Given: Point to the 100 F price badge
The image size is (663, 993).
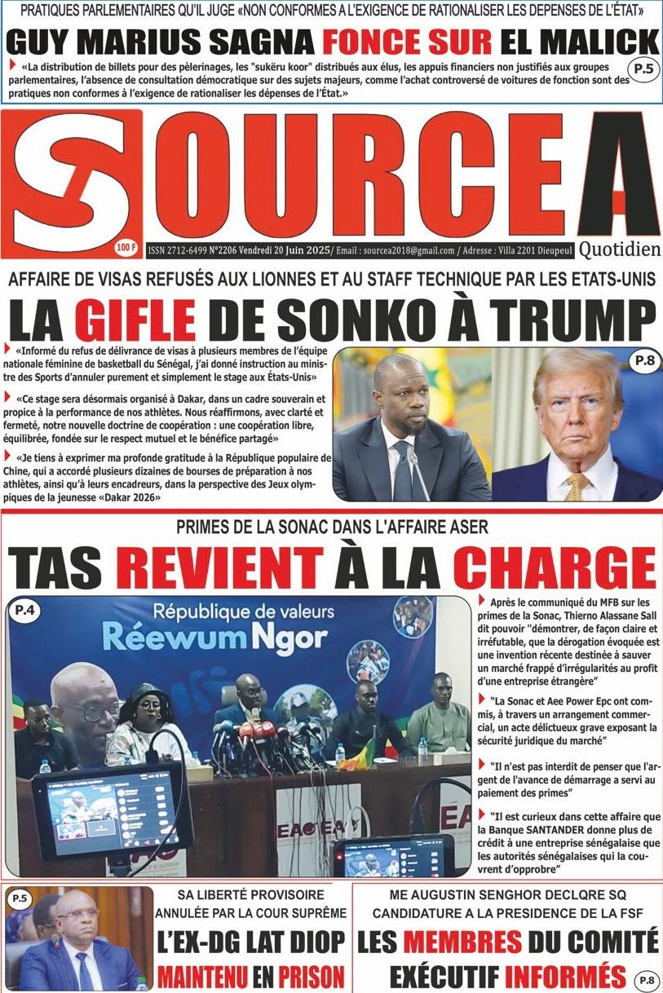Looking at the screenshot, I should point(127,246).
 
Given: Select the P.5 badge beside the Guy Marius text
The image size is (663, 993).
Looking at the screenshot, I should point(643,68).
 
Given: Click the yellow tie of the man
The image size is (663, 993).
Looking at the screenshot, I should point(577,486).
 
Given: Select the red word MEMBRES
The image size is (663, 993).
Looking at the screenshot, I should point(462,942).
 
